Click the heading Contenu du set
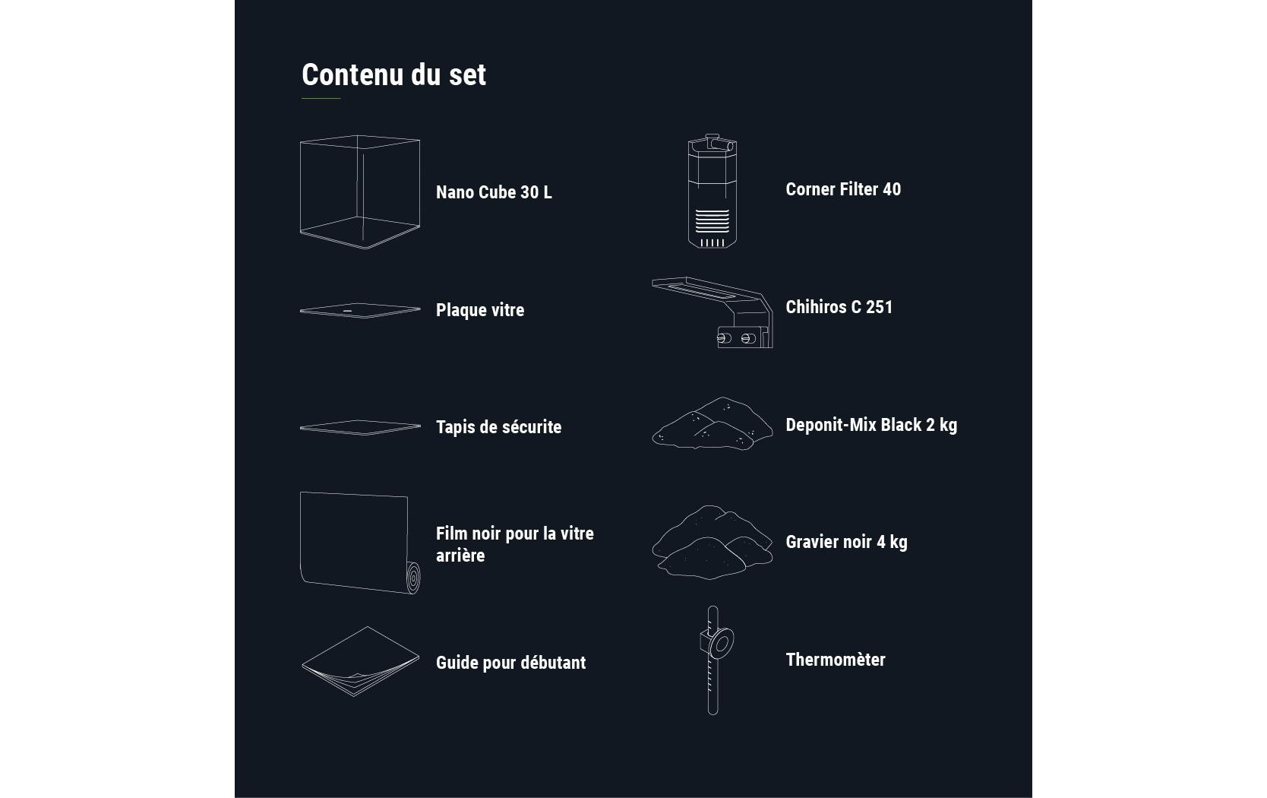(x=393, y=74)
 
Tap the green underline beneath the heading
(x=321, y=99)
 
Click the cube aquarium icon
(x=359, y=192)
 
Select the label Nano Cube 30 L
(x=494, y=192)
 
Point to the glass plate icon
(x=359, y=310)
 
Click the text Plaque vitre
(x=479, y=310)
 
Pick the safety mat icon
(x=359, y=428)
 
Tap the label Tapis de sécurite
(x=498, y=427)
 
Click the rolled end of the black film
(x=412, y=579)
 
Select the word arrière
(x=460, y=556)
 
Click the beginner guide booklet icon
(x=359, y=662)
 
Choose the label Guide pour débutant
(x=510, y=663)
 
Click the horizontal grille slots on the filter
(x=712, y=221)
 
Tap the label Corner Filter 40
(x=843, y=189)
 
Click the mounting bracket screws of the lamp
(x=735, y=337)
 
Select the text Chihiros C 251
(x=839, y=307)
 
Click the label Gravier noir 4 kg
(x=846, y=542)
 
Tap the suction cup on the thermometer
(x=721, y=644)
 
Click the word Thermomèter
(x=835, y=660)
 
